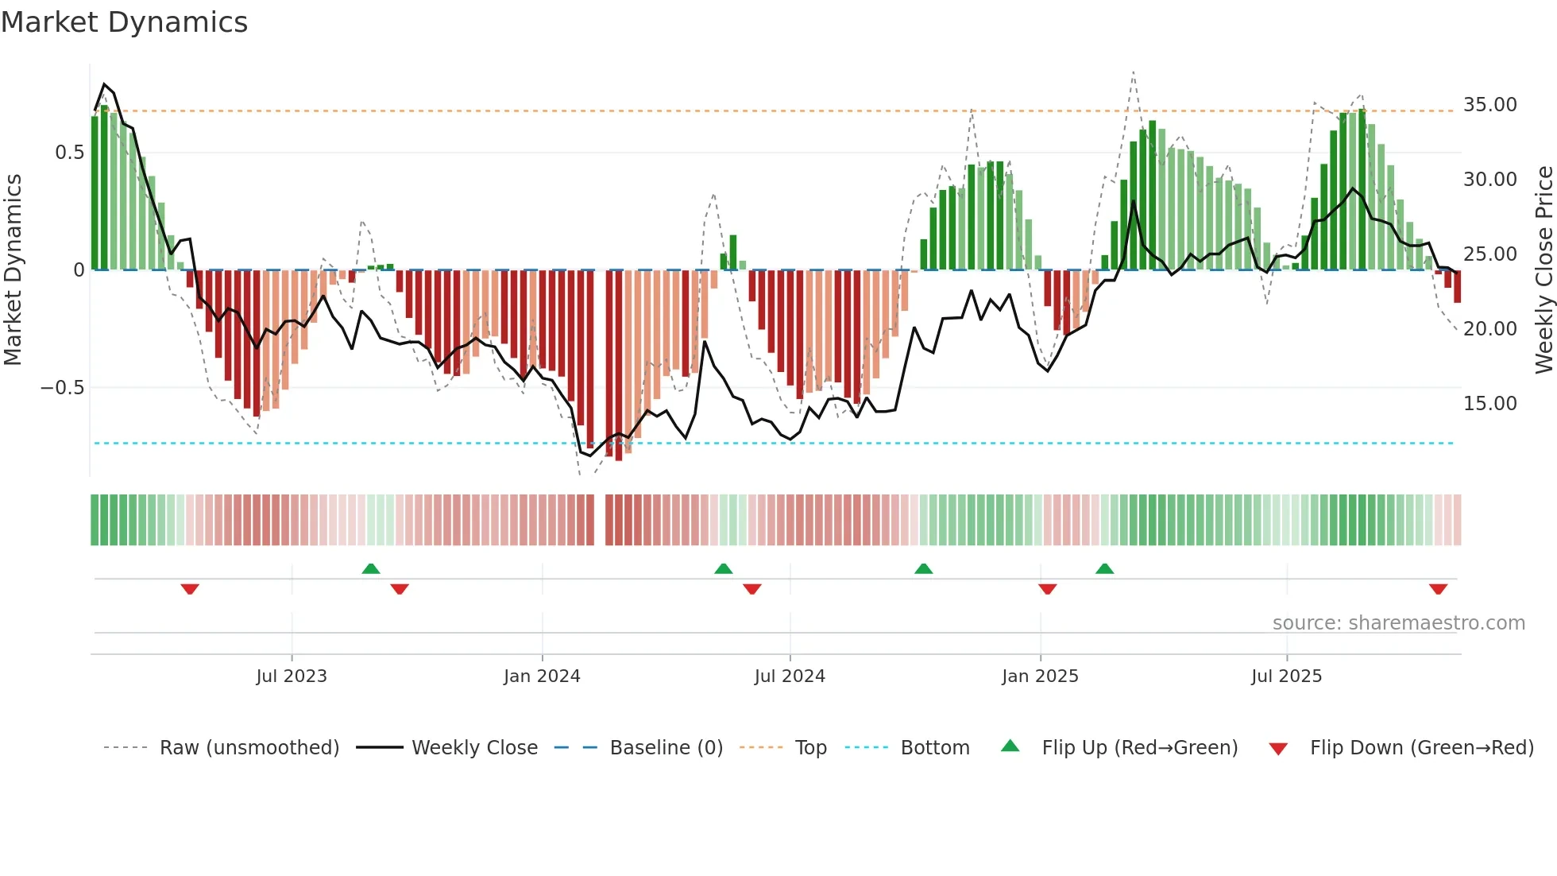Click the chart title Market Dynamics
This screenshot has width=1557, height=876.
pyautogui.click(x=124, y=22)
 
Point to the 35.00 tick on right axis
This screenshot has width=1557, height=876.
pyautogui.click(x=1489, y=105)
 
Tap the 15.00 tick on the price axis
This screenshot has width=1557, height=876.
pyautogui.click(x=1489, y=404)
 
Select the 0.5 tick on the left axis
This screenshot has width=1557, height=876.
pyautogui.click(x=69, y=153)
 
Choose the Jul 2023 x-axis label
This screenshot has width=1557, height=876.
pyautogui.click(x=292, y=676)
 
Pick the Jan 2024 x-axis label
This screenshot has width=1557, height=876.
pyautogui.click(x=542, y=676)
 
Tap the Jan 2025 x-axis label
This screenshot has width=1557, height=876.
pyautogui.click(x=1040, y=676)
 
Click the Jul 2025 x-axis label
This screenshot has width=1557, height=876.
pyautogui.click(x=1286, y=676)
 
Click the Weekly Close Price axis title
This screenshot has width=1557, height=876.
pyautogui.click(x=1543, y=270)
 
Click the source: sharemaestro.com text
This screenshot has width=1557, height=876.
pyautogui.click(x=1398, y=623)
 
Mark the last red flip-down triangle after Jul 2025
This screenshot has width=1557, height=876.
pyautogui.click(x=1438, y=589)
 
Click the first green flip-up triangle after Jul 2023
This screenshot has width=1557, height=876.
pyautogui.click(x=371, y=568)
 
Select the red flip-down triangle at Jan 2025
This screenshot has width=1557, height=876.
pyautogui.click(x=1047, y=589)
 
